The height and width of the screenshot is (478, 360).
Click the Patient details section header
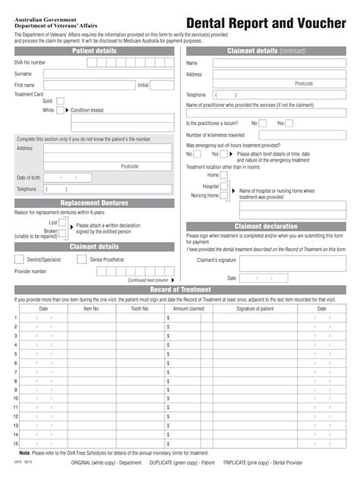pos(94,51)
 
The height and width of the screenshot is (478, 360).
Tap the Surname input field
pos(107,74)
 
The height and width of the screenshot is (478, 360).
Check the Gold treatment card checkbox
pos(60,100)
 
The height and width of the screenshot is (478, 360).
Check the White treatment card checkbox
pos(60,110)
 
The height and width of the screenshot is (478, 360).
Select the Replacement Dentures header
pos(94,203)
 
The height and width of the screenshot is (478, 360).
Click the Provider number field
pos(114,271)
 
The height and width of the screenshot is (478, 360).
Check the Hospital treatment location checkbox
pos(224,186)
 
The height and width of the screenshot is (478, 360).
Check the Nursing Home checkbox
pos(224,195)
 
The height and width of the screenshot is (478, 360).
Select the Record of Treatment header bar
pos(180,290)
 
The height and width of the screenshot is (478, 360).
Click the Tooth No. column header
pos(140,309)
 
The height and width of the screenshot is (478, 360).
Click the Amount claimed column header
pos(188,309)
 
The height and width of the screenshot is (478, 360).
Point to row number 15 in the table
pos(16,443)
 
